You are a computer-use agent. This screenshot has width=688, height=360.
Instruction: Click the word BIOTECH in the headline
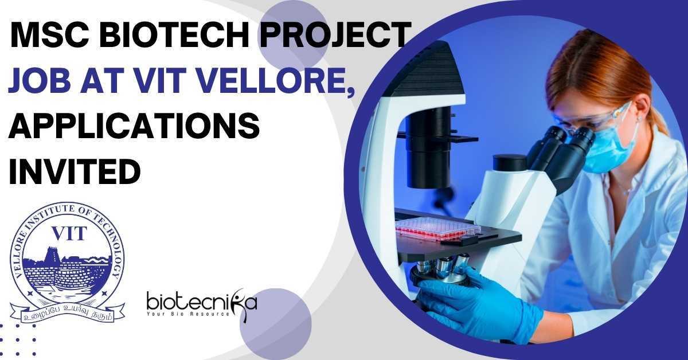point(171,35)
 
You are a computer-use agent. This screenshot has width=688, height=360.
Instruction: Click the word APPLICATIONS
point(134,126)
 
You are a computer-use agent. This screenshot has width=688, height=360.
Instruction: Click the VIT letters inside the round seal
point(69,234)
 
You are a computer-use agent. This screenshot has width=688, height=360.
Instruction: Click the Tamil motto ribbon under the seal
point(67,312)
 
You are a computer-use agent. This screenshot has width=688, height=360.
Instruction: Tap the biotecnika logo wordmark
point(201,303)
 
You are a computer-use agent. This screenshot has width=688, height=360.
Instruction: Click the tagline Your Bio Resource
point(188,314)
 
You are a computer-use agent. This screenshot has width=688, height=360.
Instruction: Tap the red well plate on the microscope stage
point(438,229)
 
